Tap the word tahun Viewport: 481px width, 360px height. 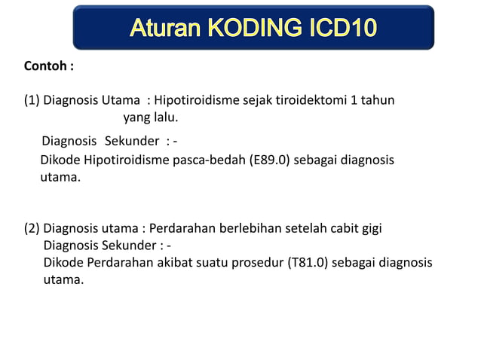coord(376,100)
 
